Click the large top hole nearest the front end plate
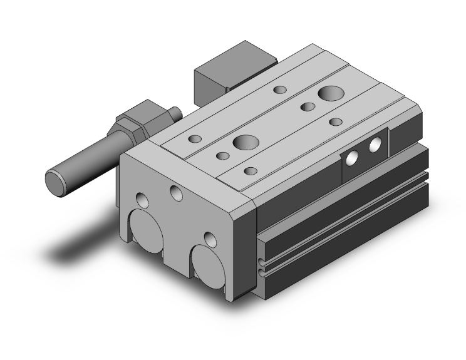click(244, 141)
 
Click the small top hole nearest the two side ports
click(336, 121)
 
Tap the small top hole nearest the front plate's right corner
click(251, 170)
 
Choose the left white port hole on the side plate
click(353, 158)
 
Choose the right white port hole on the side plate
click(375, 147)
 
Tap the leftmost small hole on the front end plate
click(142, 202)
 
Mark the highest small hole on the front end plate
click(176, 192)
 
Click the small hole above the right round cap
click(210, 239)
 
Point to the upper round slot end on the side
click(260, 261)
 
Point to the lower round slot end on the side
click(261, 270)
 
